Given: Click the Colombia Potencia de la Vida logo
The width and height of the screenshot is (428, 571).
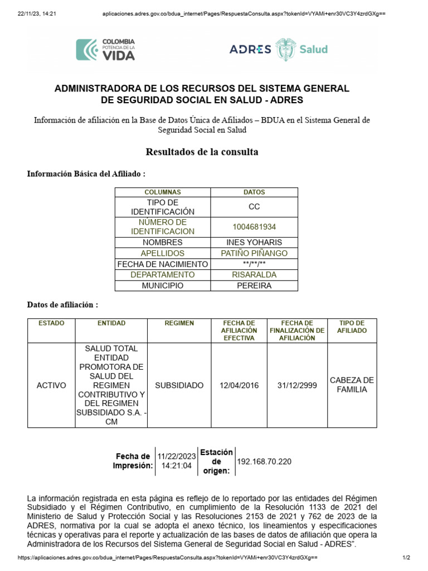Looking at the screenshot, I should coord(106,49).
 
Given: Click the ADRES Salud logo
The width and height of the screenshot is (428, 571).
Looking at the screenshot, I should coord(279,49).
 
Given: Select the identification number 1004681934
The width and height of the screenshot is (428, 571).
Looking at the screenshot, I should coord(254,227).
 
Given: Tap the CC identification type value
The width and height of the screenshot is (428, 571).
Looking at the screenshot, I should coord(254,207).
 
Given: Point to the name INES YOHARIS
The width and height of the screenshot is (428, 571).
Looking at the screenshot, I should coord(254,243).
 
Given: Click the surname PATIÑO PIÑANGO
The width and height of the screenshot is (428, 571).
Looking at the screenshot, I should coord(254,253).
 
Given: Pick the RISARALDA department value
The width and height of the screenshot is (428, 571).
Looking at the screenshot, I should coord(254,275).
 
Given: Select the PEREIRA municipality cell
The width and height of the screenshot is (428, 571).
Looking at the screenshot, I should coord(254,285).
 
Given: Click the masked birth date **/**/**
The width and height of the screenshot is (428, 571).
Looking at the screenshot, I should coord(254,264).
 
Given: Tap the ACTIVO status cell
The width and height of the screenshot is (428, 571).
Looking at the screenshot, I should coord(51,385).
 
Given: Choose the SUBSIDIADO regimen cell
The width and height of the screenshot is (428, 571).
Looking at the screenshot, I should coord(179,385).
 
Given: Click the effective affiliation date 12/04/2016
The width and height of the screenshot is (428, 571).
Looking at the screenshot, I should coord(239,385).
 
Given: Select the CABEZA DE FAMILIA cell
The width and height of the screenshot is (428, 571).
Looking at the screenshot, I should coord(352,385).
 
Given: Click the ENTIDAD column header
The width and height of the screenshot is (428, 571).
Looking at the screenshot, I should coord(111,323).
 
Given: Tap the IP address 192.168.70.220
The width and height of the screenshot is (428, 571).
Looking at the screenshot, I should coord(264,462).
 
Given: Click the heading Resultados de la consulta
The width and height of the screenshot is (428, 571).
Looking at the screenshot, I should coord(202,152).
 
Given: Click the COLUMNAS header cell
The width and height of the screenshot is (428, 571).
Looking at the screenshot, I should coord(163,192).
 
